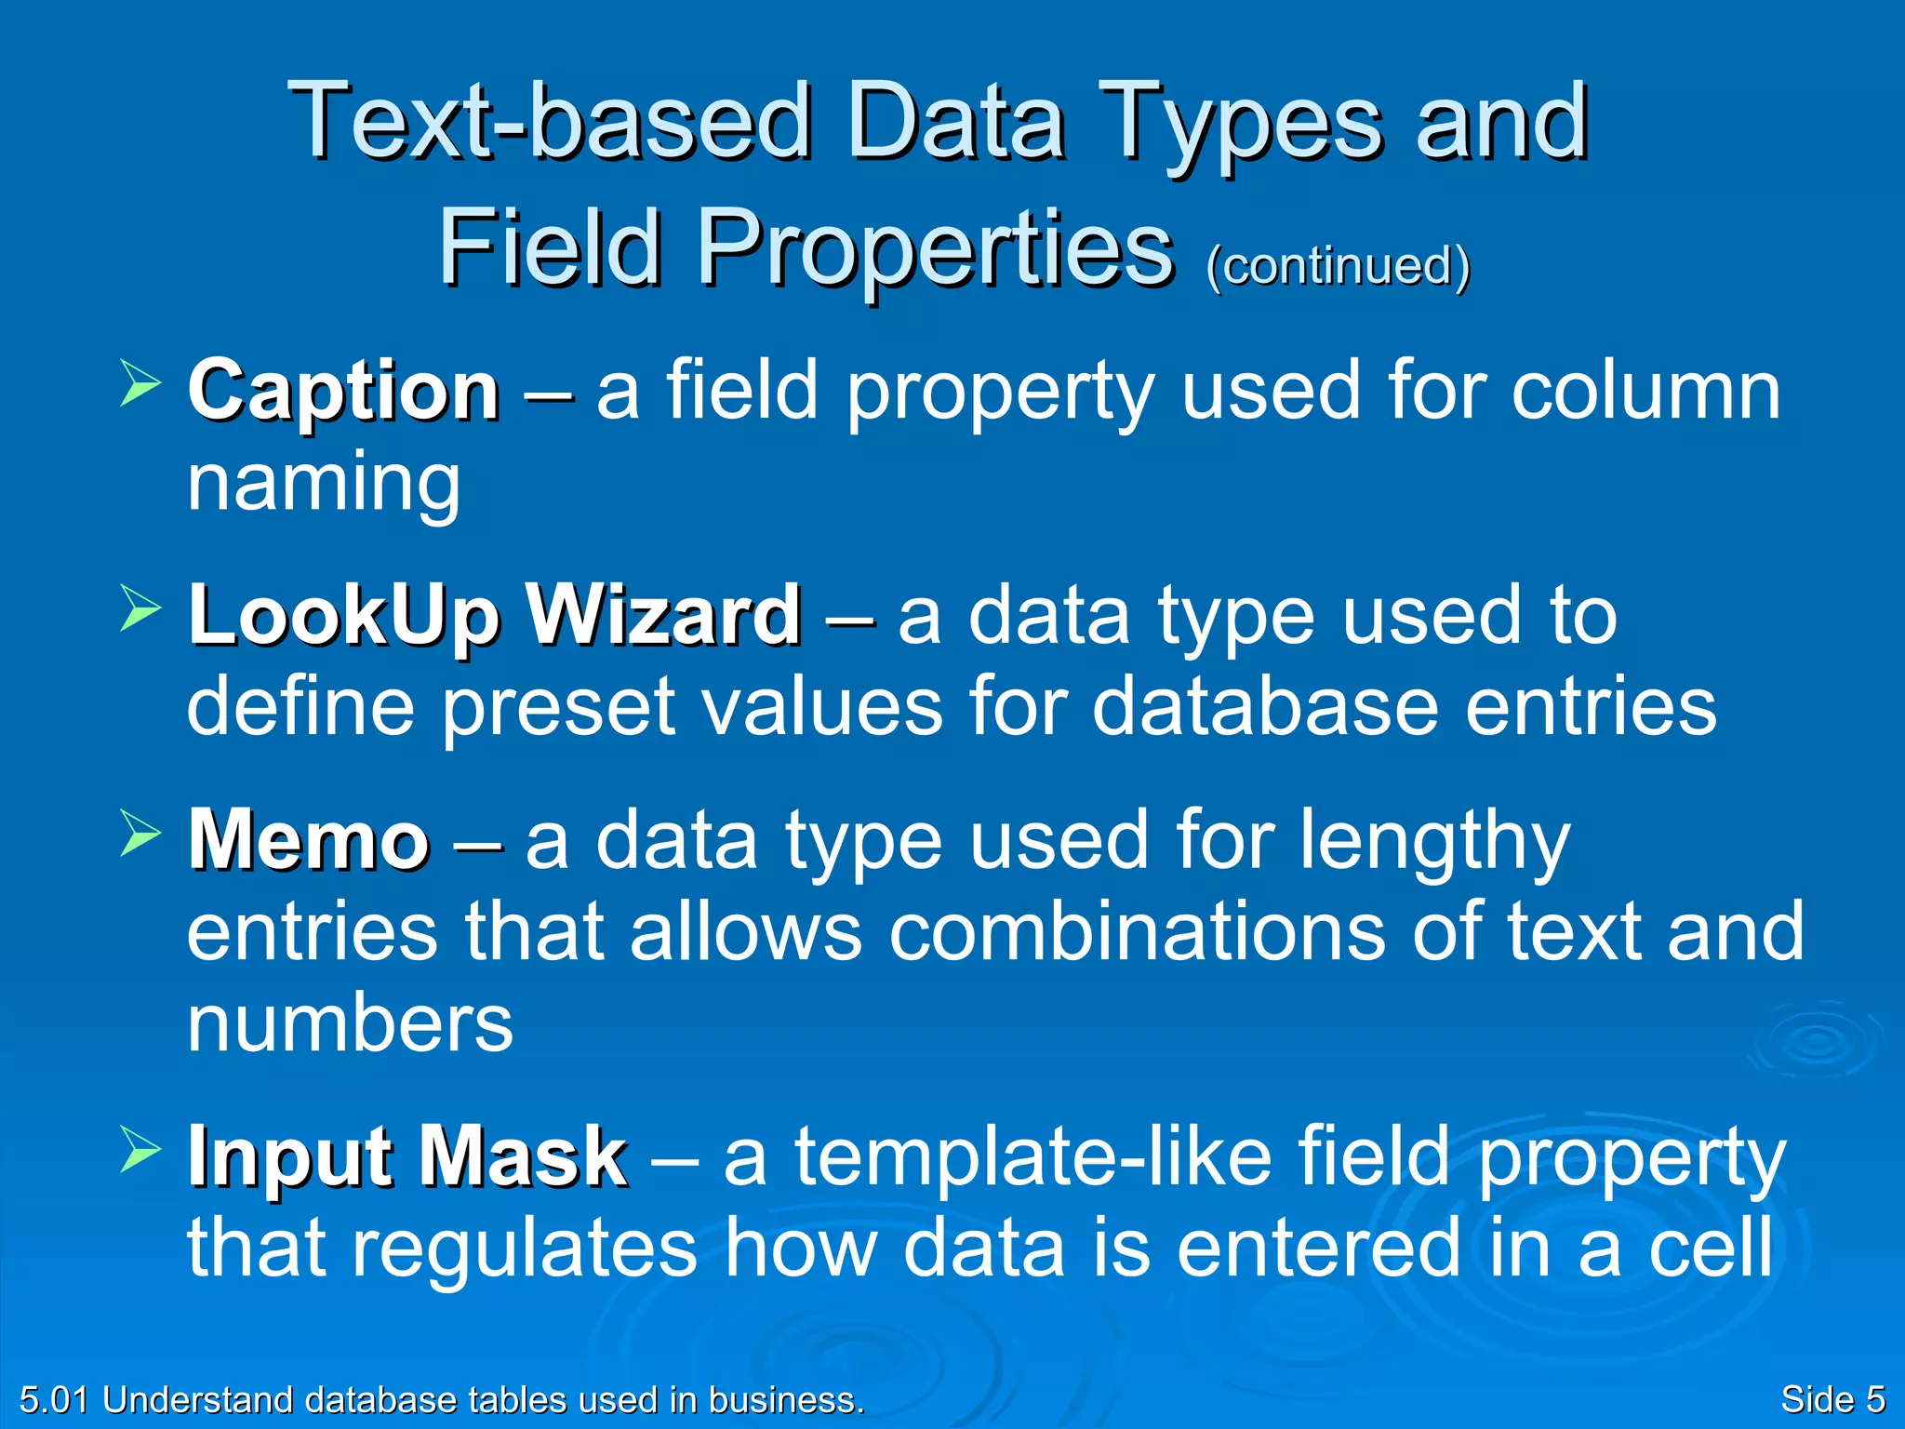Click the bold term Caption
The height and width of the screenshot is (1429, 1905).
point(343,393)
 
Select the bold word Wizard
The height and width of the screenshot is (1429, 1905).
point(663,615)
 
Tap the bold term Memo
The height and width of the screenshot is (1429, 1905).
point(308,841)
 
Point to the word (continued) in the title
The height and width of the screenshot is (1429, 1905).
point(1338,266)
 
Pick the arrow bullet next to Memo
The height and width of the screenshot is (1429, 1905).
point(140,833)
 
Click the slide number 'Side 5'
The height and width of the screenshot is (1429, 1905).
point(1832,1399)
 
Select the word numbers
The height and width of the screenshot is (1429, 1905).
point(350,1023)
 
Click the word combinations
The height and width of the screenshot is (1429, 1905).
point(1137,932)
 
